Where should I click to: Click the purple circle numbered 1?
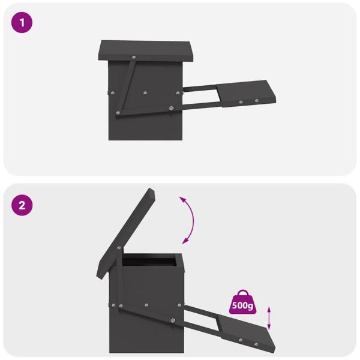click(22, 23)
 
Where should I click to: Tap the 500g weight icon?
click(244, 302)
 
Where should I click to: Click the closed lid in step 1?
click(147, 51)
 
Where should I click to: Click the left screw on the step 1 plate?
click(241, 102)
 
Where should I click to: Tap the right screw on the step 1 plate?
click(257, 100)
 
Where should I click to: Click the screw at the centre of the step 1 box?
click(145, 93)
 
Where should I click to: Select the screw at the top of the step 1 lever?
click(133, 58)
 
